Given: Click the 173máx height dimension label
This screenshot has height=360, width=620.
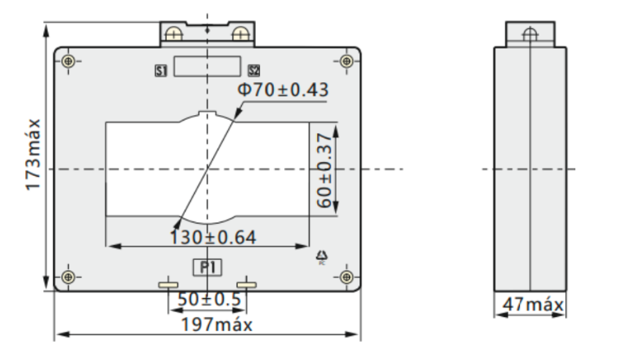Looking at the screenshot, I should pyautogui.click(x=32, y=156).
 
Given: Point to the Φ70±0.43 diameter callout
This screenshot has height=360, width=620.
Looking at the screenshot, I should pyautogui.click(x=283, y=89).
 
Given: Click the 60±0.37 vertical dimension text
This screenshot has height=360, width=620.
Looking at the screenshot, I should pyautogui.click(x=324, y=168).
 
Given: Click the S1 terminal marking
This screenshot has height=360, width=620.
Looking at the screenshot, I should pyautogui.click(x=161, y=71).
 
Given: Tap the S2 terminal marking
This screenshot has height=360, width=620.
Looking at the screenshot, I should pyautogui.click(x=254, y=71).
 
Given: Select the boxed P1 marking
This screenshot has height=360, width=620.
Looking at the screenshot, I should pyautogui.click(x=207, y=267).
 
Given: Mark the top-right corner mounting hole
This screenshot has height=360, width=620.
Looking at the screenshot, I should pyautogui.click(x=347, y=61).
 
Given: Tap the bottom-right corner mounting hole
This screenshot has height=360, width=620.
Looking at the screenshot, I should pyautogui.click(x=347, y=277).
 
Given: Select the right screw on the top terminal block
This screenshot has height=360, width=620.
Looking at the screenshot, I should pyautogui.click(x=240, y=33).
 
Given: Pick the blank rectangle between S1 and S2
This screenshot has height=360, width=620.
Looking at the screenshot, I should pyautogui.click(x=207, y=67).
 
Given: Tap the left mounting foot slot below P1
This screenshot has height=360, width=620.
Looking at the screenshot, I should pyautogui.click(x=168, y=284).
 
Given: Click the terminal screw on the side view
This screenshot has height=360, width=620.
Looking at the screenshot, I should pyautogui.click(x=530, y=34).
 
